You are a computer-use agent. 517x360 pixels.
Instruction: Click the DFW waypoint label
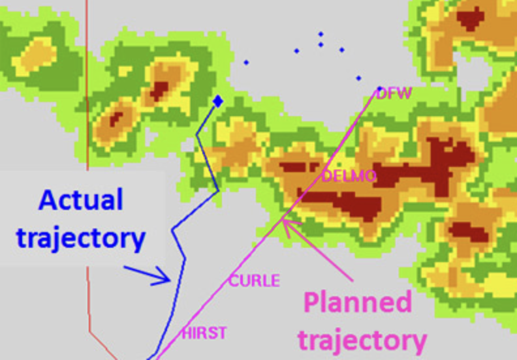pyautogui.click(x=394, y=94)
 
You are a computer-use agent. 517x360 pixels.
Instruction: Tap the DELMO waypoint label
pyautogui.click(x=349, y=176)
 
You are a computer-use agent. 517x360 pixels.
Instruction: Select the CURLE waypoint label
pyautogui.click(x=253, y=281)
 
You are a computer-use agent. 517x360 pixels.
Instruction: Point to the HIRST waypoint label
pyautogui.click(x=204, y=333)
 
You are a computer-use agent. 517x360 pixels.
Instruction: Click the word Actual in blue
pyautogui.click(x=81, y=200)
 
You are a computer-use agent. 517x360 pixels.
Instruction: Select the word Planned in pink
pyautogui.click(x=359, y=303)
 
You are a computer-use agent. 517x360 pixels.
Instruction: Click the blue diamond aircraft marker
pyautogui.click(x=217, y=100)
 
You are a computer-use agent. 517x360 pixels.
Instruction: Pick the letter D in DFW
pyautogui.click(x=381, y=94)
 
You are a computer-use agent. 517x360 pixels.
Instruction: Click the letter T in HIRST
pyautogui.click(x=223, y=333)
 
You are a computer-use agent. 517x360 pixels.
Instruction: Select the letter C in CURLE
pyautogui.click(x=233, y=281)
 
